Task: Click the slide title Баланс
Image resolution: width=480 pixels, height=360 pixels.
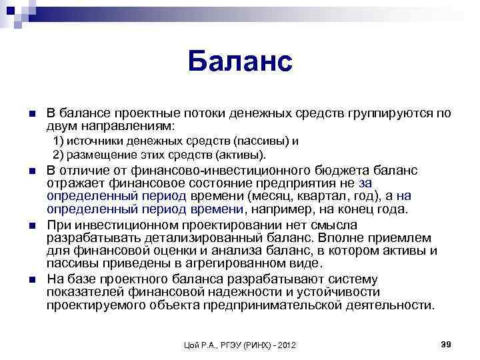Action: tap(239, 61)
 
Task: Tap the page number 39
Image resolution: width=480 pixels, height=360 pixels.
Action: tap(447, 343)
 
